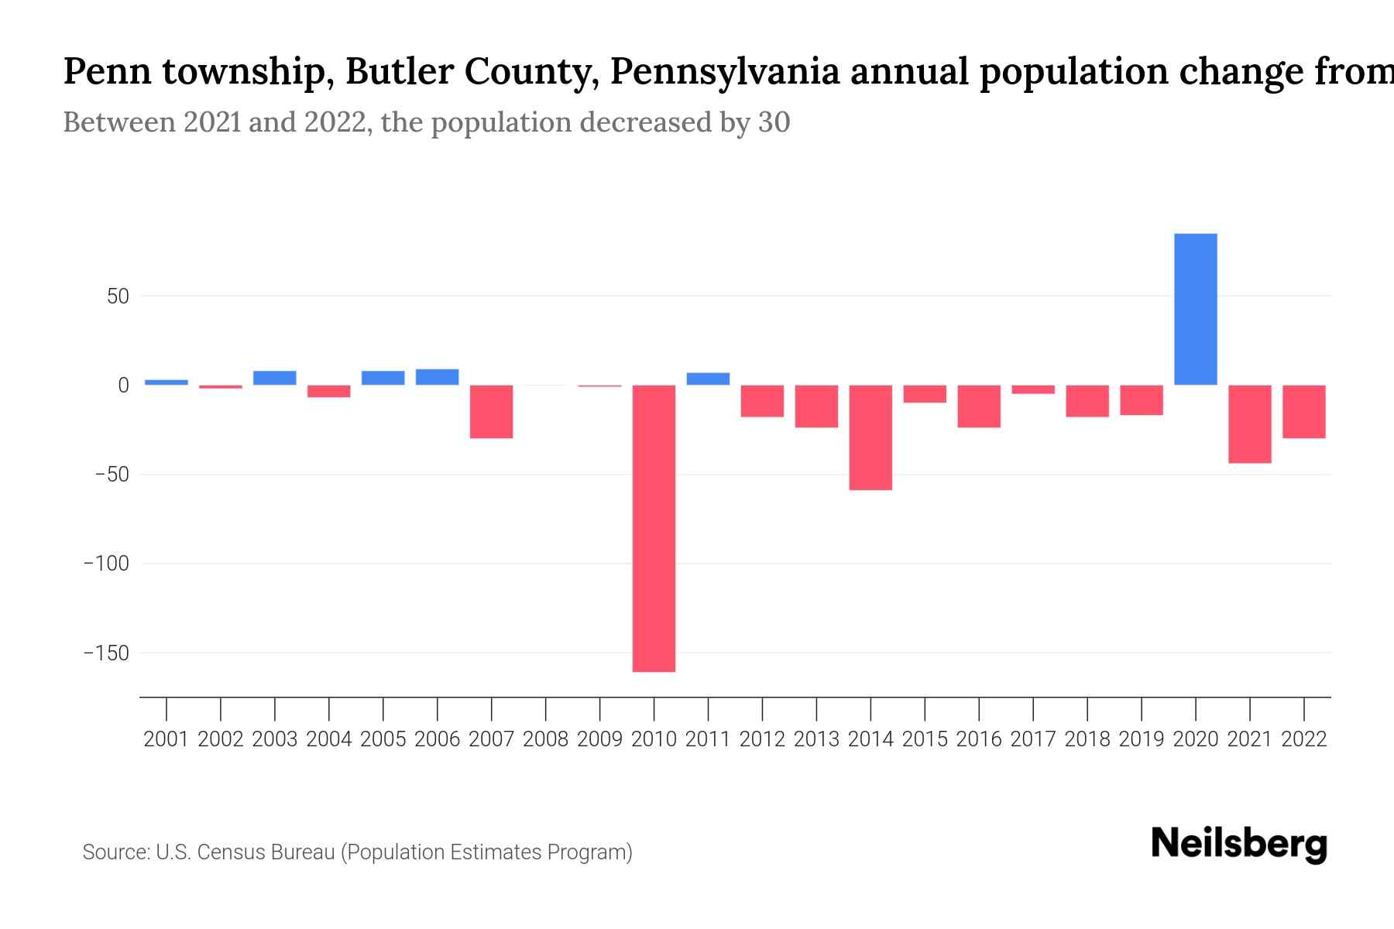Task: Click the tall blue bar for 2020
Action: tap(1195, 310)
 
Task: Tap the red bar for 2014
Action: tap(870, 437)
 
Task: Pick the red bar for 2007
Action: tap(491, 412)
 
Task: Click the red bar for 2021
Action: tap(1249, 424)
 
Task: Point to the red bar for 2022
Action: tap(1303, 412)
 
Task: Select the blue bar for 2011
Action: tap(708, 379)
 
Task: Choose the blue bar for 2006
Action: tap(437, 377)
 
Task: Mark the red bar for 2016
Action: tap(979, 406)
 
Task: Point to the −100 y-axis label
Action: tap(106, 564)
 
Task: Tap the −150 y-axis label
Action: tap(106, 653)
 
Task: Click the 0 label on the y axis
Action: tap(123, 386)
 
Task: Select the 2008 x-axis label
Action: tap(545, 739)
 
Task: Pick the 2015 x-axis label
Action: tap(925, 739)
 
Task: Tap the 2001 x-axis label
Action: tap(167, 739)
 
